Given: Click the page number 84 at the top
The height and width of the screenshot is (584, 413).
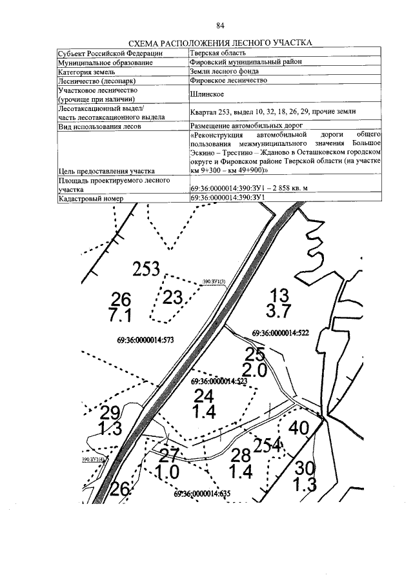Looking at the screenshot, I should pos(220,25).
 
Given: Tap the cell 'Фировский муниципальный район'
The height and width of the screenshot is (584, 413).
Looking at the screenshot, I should pos(246,63).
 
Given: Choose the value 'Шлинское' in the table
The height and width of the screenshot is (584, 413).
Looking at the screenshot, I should pos(208,95).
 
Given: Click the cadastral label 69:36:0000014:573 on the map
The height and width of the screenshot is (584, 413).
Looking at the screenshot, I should pos(146,339).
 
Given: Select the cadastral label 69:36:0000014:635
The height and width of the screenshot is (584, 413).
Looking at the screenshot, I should pos(202,494).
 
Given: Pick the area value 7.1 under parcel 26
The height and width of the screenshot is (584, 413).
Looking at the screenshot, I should pos(121,316).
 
